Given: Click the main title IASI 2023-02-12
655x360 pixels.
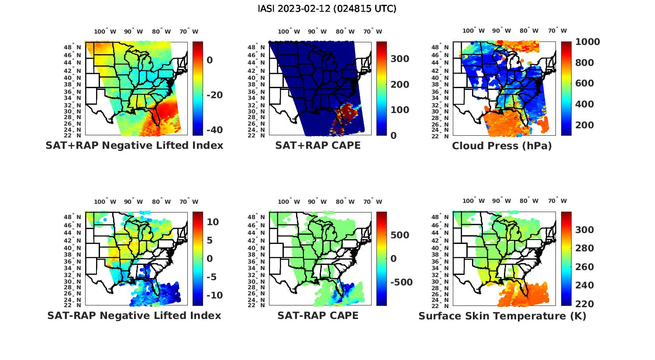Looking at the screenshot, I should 327,9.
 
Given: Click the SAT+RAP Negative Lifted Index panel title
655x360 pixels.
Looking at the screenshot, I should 134,145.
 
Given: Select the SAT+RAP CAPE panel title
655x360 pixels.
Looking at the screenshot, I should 318,145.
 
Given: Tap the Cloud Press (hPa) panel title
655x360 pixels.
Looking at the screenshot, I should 502,146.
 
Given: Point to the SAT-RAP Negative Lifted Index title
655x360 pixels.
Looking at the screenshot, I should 134,315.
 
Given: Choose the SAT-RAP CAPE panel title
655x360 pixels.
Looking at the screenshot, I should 318,315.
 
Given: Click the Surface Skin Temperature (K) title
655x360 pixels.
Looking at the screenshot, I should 502,316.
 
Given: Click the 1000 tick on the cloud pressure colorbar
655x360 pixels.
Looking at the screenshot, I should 587,42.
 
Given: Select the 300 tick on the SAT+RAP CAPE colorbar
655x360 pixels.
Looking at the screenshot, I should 400,59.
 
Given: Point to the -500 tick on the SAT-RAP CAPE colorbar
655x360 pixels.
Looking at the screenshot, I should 401,282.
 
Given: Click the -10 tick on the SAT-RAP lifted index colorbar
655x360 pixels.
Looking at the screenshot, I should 214,295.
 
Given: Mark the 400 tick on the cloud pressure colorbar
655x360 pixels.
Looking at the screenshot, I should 585,104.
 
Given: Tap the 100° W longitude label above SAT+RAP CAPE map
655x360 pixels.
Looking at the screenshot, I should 289,31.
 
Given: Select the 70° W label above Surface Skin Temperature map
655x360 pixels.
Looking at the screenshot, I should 557,201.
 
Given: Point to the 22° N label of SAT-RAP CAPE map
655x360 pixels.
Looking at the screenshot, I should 255,305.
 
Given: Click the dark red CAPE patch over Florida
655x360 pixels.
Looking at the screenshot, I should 346,111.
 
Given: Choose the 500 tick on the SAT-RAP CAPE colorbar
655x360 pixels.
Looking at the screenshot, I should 400,235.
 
